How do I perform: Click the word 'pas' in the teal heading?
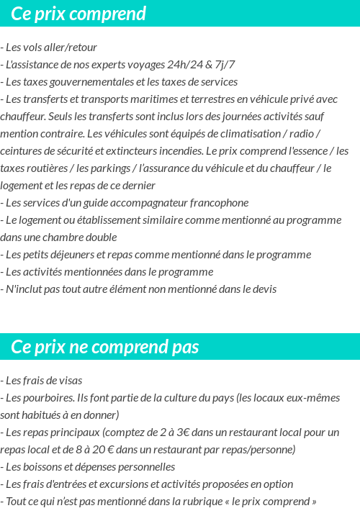(185, 347)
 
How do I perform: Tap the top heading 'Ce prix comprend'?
(78, 14)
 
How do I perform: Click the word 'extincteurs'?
(138, 151)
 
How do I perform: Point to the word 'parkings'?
(109, 168)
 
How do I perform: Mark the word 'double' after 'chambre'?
(99, 237)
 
